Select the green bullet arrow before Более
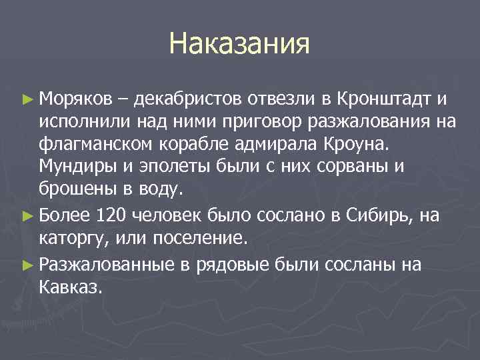27,215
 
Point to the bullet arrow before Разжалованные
27,265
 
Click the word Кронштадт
383,100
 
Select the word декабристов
189,100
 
